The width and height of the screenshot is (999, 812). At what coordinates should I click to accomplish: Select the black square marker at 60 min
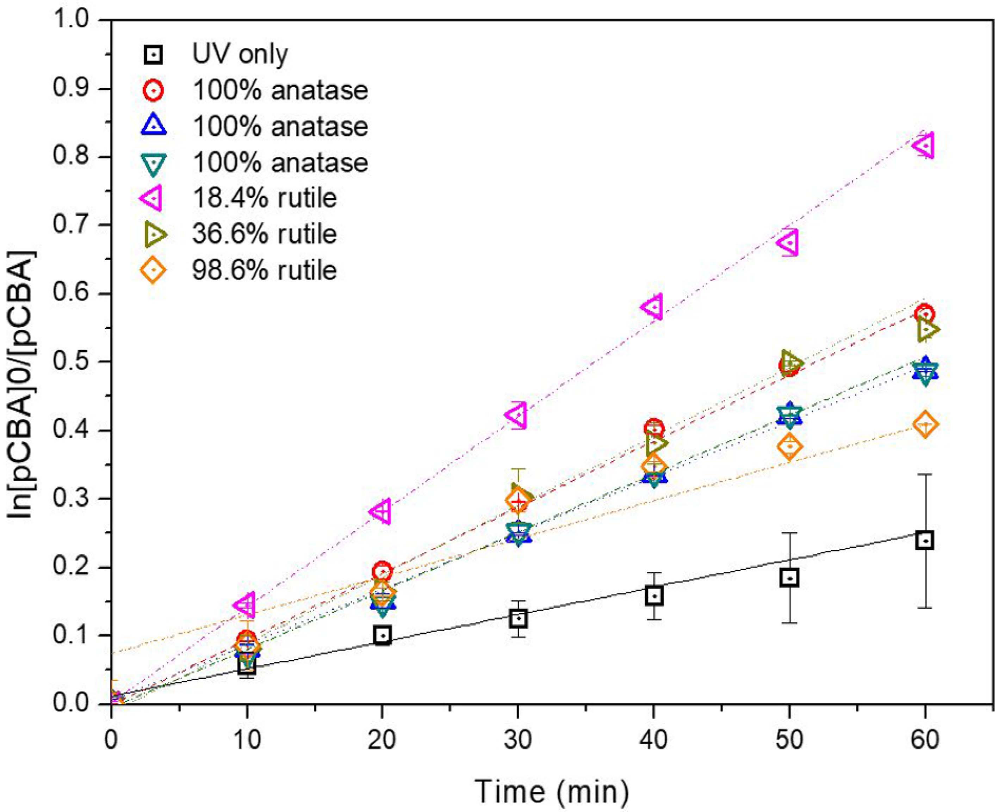point(925,540)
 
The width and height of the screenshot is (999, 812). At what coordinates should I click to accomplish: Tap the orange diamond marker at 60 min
point(925,425)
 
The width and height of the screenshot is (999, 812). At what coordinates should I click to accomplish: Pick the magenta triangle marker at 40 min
point(653,307)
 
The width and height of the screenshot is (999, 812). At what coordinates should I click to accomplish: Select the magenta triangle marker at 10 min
point(246,604)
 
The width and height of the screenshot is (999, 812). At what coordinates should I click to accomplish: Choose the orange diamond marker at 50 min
point(789,446)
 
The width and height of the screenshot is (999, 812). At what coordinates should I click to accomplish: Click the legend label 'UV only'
point(240,55)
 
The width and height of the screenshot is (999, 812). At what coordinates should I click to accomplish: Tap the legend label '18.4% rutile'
point(264,198)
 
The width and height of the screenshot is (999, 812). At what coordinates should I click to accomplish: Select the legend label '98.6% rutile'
point(264,270)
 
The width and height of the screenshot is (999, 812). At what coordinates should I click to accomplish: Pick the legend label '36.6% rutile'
point(264,234)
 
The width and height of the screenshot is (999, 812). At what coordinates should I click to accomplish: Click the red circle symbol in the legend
point(153,90)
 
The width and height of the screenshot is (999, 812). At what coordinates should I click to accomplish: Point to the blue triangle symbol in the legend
point(153,126)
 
